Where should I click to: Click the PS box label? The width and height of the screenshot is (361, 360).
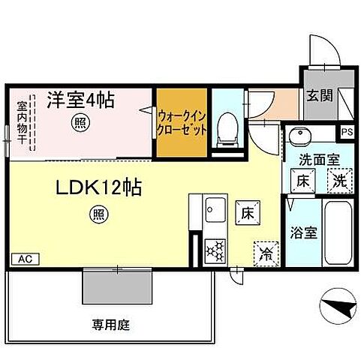click(346, 133)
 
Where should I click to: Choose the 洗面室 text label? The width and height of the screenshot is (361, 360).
click(319, 159)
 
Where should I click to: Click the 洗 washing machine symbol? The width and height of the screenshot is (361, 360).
click(338, 181)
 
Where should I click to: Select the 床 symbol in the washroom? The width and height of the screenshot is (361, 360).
click(302, 181)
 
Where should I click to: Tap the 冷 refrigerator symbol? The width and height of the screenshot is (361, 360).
click(265, 252)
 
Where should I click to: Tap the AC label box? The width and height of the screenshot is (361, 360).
click(24, 259)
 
